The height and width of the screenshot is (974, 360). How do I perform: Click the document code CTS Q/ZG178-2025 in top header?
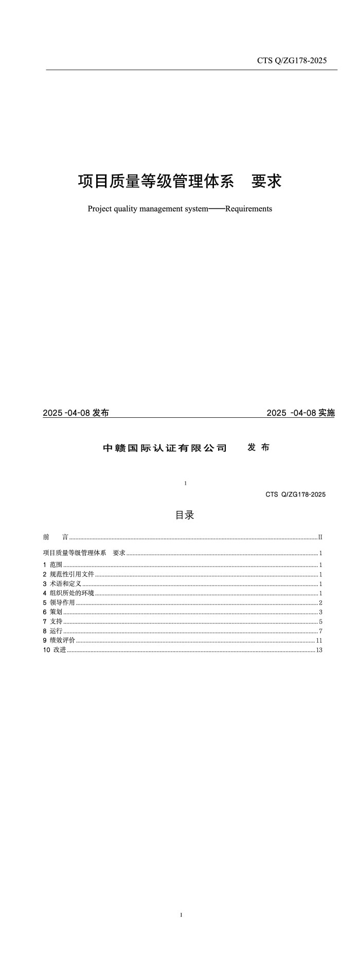click(292, 61)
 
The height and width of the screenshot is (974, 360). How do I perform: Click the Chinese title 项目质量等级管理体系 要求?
click(179, 181)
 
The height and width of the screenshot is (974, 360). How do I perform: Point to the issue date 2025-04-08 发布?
click(76, 413)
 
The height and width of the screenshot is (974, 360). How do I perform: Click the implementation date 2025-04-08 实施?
click(301, 413)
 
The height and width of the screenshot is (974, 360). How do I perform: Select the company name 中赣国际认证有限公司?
click(165, 448)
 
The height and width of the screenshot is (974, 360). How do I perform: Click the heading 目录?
click(185, 515)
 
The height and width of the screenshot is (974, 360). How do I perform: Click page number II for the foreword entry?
click(320, 537)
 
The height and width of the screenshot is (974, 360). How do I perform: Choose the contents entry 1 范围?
click(52, 565)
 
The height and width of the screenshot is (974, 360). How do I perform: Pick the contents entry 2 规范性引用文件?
click(68, 574)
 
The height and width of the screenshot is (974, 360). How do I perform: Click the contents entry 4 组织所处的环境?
click(68, 593)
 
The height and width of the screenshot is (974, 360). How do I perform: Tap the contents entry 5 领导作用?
click(59, 603)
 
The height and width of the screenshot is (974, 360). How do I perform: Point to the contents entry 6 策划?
click(52, 612)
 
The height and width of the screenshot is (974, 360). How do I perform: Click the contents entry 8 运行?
click(52, 631)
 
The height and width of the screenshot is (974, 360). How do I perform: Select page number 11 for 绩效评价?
click(319, 641)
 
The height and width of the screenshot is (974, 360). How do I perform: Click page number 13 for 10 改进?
click(319, 650)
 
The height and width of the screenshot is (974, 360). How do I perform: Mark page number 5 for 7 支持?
click(320, 622)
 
